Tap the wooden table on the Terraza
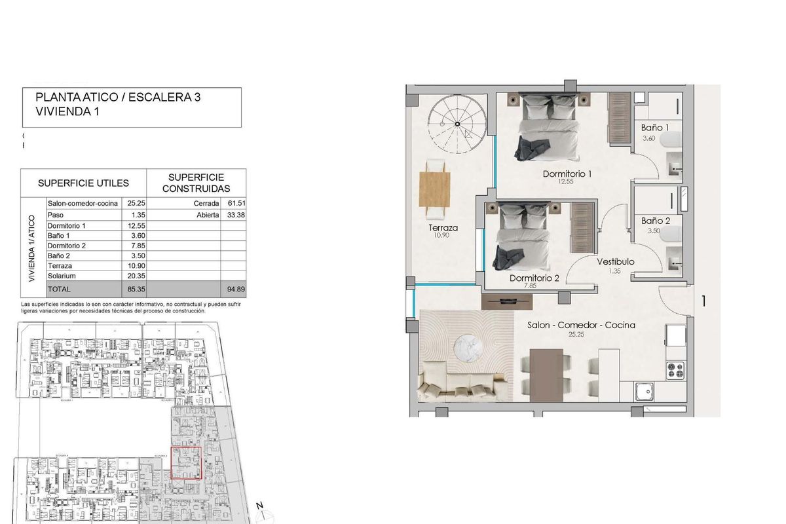(x=436, y=189)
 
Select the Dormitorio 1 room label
(x=567, y=174)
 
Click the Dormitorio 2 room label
(x=534, y=278)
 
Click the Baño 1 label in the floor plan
(x=655, y=128)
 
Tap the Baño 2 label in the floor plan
(x=656, y=221)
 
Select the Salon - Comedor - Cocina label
(x=581, y=325)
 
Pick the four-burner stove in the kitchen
(x=675, y=371)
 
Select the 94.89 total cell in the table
(x=233, y=289)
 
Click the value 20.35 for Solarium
(x=136, y=276)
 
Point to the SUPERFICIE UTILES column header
(x=83, y=183)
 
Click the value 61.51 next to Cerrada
(x=233, y=204)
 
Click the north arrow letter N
(x=259, y=506)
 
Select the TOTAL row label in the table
(x=60, y=289)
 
